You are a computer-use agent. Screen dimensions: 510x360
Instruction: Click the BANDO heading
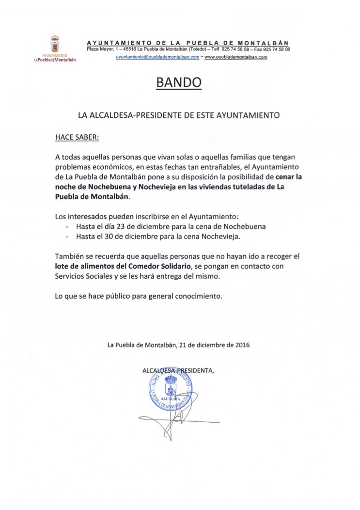(x=178, y=83)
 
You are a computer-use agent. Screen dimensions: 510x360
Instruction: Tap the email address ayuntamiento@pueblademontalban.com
(x=157, y=57)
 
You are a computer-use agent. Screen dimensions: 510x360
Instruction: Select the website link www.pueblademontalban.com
(x=236, y=57)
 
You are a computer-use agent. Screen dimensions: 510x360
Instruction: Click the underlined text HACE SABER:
(x=77, y=137)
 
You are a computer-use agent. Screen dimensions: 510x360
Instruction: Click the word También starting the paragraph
(x=71, y=256)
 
